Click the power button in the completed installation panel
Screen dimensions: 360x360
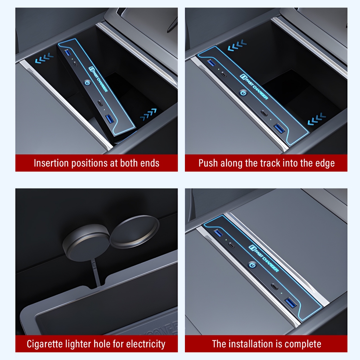tap(252, 265)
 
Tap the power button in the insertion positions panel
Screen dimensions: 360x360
tap(87, 82)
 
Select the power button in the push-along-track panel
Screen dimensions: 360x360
tap(243, 93)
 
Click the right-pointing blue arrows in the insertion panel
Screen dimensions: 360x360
tap(149, 114)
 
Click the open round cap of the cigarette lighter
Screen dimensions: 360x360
tap(134, 232)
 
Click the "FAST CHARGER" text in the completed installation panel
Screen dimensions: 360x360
tap(264, 258)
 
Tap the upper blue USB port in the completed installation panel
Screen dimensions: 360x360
tap(218, 233)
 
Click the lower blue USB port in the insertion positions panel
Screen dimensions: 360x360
tap(110, 119)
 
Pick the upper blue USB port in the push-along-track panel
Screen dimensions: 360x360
tap(211, 63)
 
